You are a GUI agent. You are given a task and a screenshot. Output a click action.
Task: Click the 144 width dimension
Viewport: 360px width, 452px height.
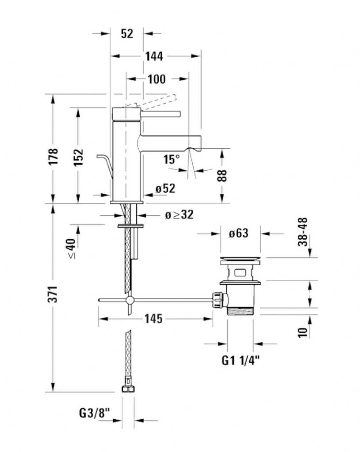tap(154, 56)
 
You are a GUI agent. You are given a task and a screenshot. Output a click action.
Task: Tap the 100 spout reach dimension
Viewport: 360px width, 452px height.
tap(157, 79)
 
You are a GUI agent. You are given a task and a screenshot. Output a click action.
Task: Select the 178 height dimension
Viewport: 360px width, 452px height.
tap(53, 157)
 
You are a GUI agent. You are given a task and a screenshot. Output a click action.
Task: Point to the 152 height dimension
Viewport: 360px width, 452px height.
tap(78, 157)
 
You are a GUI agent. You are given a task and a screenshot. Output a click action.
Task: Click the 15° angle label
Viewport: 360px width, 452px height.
tap(172, 159)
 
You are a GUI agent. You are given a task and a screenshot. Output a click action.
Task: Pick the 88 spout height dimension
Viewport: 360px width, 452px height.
tap(222, 176)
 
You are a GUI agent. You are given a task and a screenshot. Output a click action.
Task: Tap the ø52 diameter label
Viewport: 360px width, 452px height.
tap(165, 188)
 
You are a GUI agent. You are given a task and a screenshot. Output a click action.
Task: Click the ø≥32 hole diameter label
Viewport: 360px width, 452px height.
tap(179, 215)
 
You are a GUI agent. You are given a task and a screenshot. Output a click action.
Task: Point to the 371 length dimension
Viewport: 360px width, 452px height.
tap(53, 294)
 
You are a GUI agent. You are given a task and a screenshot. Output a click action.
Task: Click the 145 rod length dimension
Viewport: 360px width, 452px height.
tap(153, 319)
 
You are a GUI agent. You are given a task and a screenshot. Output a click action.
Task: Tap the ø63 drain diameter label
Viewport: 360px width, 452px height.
tap(239, 233)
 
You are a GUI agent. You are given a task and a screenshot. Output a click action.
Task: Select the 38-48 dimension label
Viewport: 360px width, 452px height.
tap(303, 232)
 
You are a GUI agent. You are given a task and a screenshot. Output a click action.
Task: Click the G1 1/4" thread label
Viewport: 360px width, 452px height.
tap(241, 360)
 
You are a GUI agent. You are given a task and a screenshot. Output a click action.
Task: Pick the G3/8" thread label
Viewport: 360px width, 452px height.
tap(95, 413)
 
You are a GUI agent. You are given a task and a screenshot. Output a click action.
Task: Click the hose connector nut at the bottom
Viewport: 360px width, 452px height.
tap(128, 388)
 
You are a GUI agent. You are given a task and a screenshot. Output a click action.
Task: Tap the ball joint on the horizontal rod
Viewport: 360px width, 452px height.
tap(130, 300)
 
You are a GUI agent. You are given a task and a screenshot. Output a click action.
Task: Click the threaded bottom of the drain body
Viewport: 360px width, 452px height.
tap(241, 311)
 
